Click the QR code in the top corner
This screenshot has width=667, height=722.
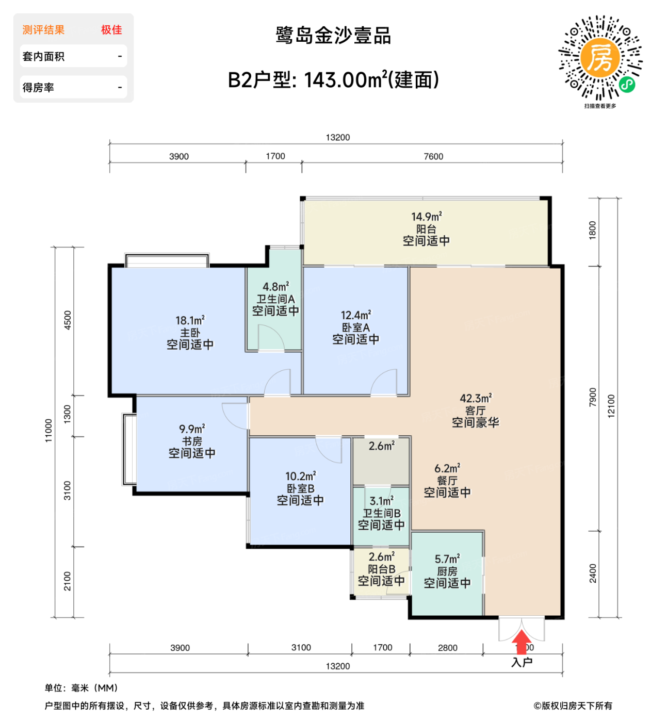coord(600,57)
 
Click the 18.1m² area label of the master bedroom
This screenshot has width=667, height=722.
coord(190,320)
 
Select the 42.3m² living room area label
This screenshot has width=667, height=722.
coord(476,398)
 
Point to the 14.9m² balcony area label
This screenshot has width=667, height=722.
coord(426,217)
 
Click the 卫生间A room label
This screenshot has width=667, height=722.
coord(275,299)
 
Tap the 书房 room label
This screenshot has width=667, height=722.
coord(192,441)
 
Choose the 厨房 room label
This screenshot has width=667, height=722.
coord(447,571)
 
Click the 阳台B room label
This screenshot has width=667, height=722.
coord(381,569)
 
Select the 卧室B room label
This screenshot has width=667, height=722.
coord(300,488)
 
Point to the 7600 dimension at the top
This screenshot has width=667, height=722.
coord(433,156)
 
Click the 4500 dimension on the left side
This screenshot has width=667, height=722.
coord(68,320)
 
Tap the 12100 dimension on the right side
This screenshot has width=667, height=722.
coord(611,406)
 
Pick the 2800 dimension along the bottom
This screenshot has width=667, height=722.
coord(447,648)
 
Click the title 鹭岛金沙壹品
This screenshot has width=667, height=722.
coord(333,36)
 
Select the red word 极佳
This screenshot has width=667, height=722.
coord(111,30)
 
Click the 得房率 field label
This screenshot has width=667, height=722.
coord(38,88)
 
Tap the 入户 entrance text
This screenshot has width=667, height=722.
coord(522,662)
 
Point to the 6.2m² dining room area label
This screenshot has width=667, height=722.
coord(447,468)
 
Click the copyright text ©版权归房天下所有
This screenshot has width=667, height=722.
coord(573,705)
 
